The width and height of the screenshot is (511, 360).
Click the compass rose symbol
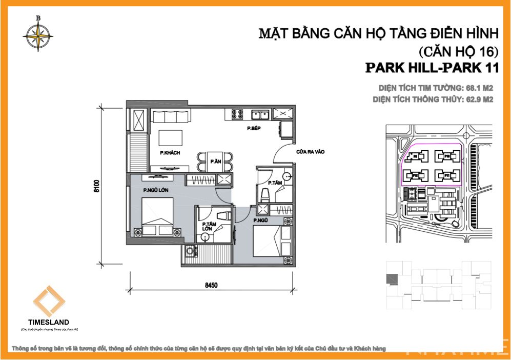(x=37, y=34)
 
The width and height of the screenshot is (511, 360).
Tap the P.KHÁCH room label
(x=168, y=153)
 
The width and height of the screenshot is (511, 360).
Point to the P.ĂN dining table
(x=215, y=162)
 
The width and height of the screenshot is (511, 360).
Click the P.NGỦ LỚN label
(x=156, y=190)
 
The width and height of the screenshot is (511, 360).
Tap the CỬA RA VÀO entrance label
(x=310, y=152)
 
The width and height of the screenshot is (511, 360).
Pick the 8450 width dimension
(x=210, y=286)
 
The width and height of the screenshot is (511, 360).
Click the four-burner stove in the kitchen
(x=237, y=113)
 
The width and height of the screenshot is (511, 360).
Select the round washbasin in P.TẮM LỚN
(x=205, y=237)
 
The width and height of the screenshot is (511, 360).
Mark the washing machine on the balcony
(x=190, y=251)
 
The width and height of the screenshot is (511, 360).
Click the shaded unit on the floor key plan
(x=392, y=279)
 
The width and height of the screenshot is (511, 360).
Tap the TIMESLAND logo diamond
(x=49, y=302)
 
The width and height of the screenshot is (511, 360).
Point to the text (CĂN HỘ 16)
(x=459, y=51)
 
